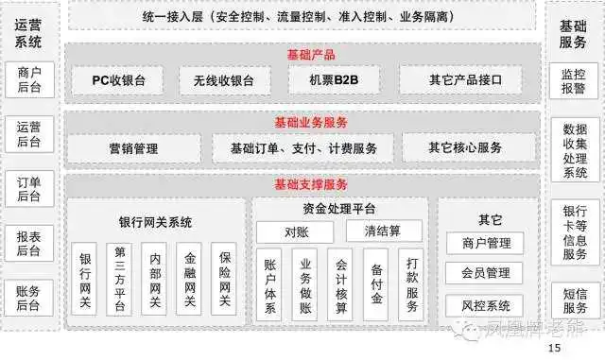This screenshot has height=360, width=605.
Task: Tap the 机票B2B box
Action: pos(327,80)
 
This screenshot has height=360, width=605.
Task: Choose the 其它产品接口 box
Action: pos(460,80)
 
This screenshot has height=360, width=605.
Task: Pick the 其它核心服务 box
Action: pos(464,147)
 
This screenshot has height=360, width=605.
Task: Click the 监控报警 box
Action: pos(574,80)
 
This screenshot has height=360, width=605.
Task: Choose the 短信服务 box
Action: pos(574,300)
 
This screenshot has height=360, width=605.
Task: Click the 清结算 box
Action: pos(384,231)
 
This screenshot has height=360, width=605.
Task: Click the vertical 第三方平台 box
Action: pos(120,279)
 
